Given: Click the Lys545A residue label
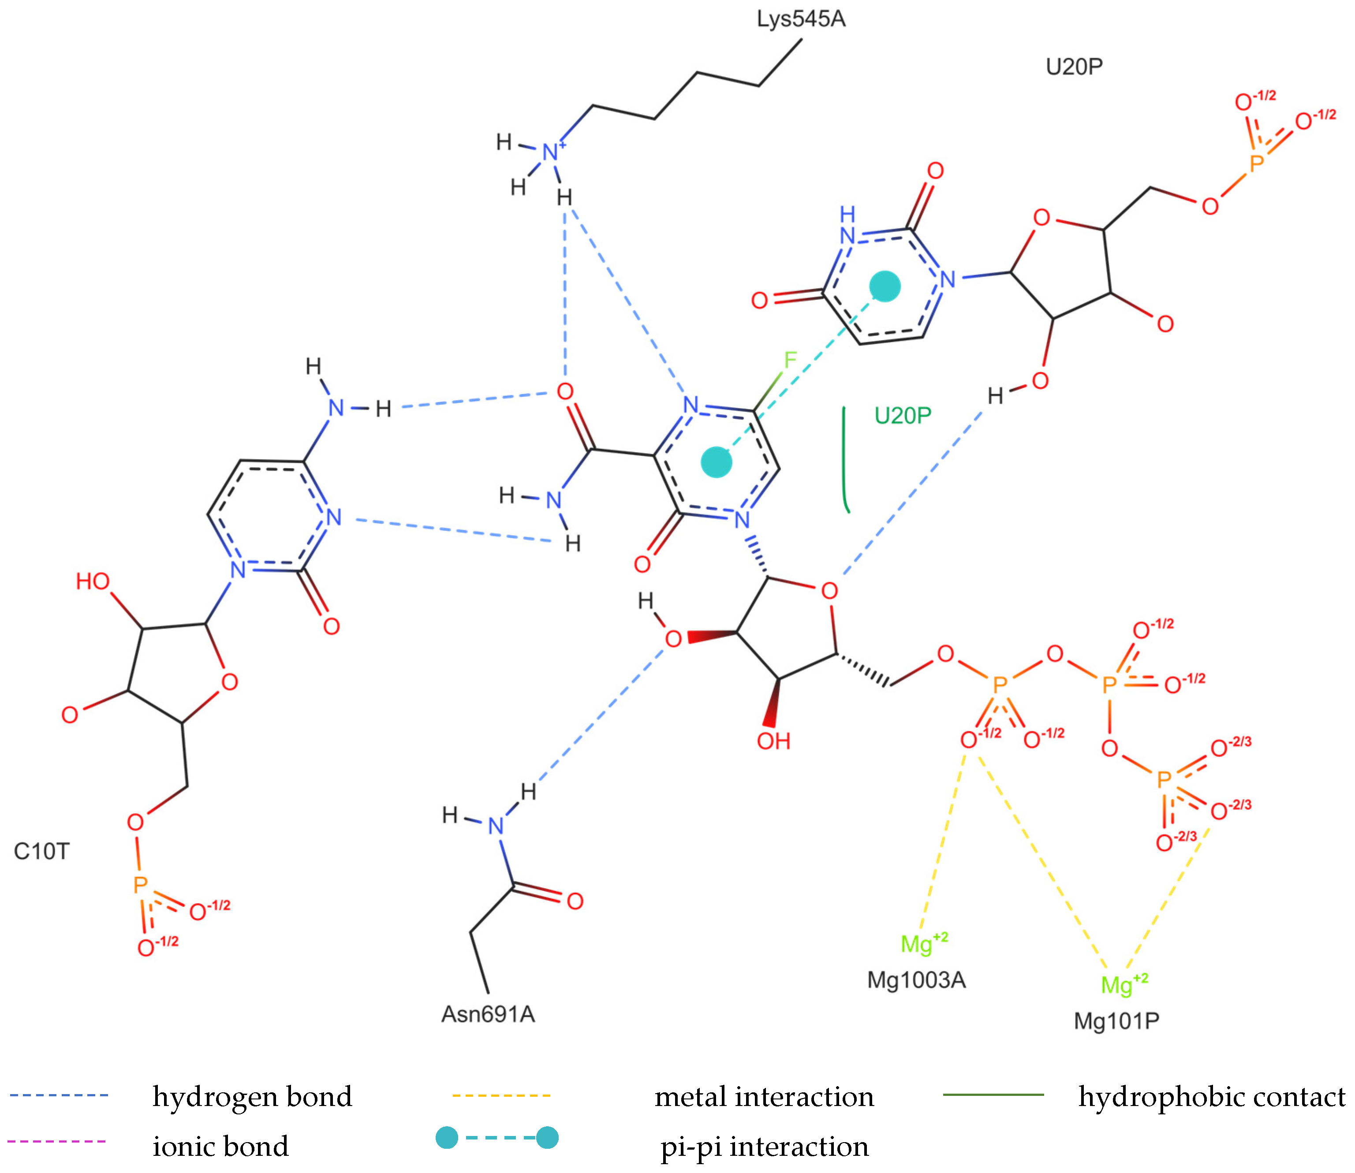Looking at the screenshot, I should coord(801,19).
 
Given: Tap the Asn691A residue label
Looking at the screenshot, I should coord(488,1014).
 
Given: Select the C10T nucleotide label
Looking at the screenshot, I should coord(41,851).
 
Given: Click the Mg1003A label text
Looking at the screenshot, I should coord(916,980).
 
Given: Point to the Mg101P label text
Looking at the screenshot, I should coord(1117,1020).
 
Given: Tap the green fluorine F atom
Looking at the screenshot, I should coord(790,359).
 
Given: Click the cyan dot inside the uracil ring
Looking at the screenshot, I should coord(885,286).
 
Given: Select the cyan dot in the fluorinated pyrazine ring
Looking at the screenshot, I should coord(716,462).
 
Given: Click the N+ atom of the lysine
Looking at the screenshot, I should coord(552,152).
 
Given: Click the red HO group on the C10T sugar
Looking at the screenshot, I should coord(92,581).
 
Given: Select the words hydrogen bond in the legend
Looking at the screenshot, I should coord(252,1096).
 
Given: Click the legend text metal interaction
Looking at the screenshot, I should coord(764,1096).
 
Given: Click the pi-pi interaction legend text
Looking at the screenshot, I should coord(764,1146).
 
